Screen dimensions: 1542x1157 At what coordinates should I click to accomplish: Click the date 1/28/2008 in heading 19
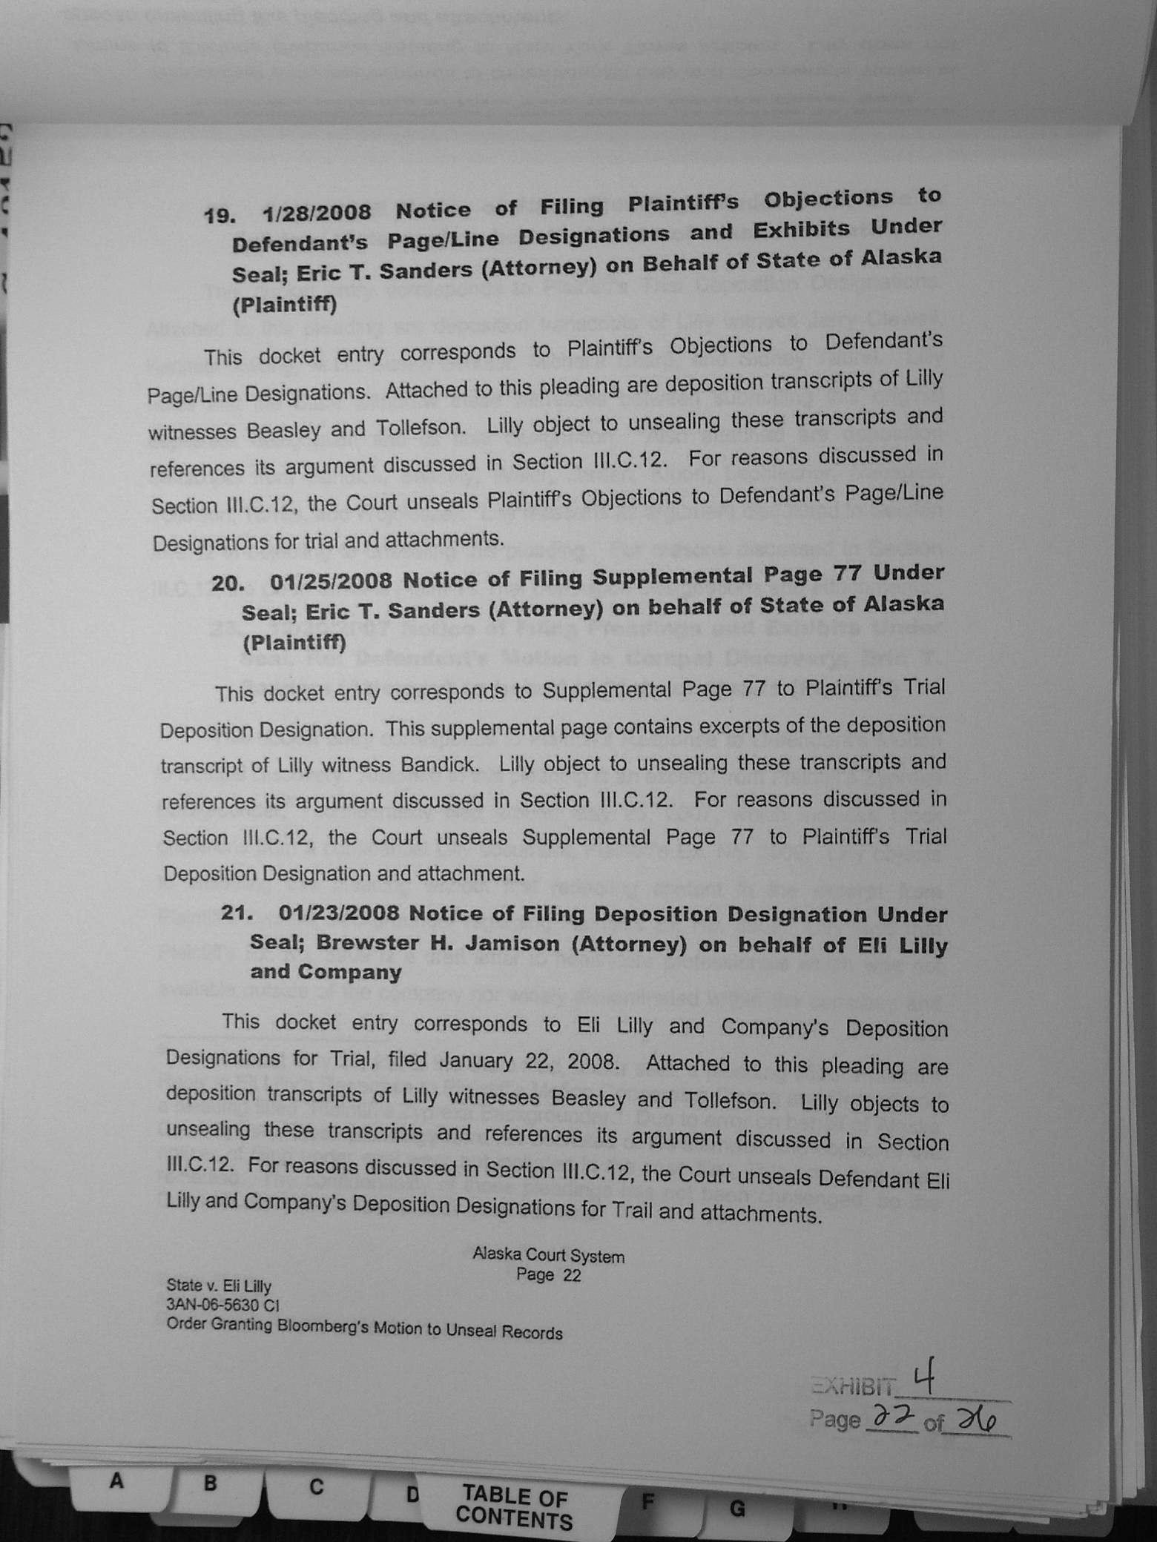click(x=316, y=213)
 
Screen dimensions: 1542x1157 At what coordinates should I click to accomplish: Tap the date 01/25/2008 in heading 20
click(x=331, y=580)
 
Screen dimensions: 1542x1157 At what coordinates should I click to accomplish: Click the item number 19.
click(x=220, y=216)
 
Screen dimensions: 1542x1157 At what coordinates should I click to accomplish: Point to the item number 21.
click(x=237, y=913)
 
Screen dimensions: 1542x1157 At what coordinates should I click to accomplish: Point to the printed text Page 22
click(x=548, y=1275)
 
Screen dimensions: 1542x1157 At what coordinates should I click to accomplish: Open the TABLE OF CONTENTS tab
click(x=515, y=1508)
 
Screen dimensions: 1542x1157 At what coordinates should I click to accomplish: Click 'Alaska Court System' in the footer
click(x=548, y=1257)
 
